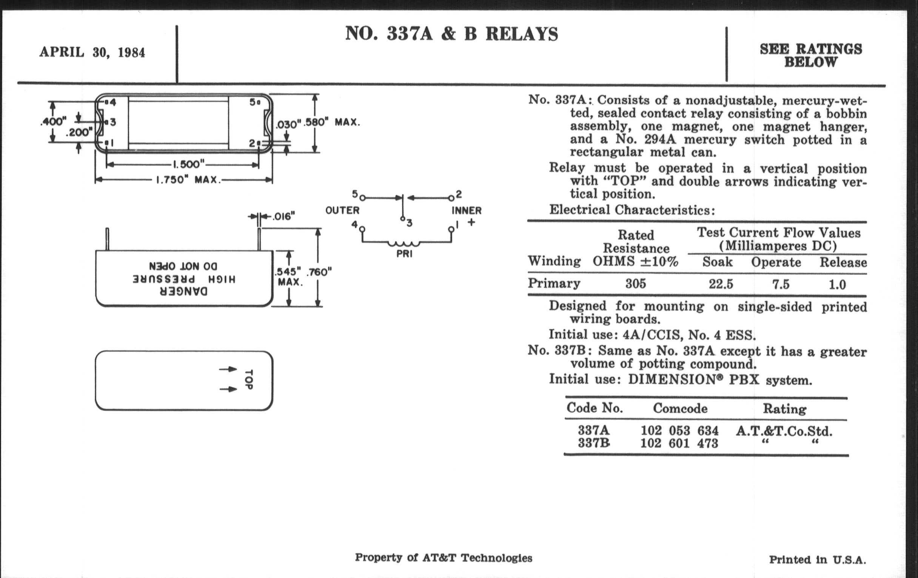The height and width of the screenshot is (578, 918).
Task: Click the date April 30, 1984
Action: [92, 52]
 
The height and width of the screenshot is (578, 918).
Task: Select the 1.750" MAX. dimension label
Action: [188, 180]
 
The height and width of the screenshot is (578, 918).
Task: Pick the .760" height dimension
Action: [319, 272]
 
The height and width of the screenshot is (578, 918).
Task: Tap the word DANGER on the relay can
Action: [184, 292]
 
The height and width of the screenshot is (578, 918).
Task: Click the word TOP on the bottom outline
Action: [248, 380]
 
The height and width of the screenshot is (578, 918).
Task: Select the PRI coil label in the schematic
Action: [404, 254]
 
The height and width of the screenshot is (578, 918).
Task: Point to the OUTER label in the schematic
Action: [342, 210]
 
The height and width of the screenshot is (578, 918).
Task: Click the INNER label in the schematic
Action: [467, 210]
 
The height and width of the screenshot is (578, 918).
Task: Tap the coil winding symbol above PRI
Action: [404, 243]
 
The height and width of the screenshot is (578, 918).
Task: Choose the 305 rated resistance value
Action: [636, 284]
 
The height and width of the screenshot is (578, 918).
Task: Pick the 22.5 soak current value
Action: [721, 284]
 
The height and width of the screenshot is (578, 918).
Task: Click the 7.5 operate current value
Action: [780, 284]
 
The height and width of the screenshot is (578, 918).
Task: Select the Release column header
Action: [843, 263]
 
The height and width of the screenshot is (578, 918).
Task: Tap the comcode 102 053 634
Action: [679, 431]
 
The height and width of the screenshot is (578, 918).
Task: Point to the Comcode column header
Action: [680, 409]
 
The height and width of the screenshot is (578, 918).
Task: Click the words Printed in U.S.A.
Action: [817, 560]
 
